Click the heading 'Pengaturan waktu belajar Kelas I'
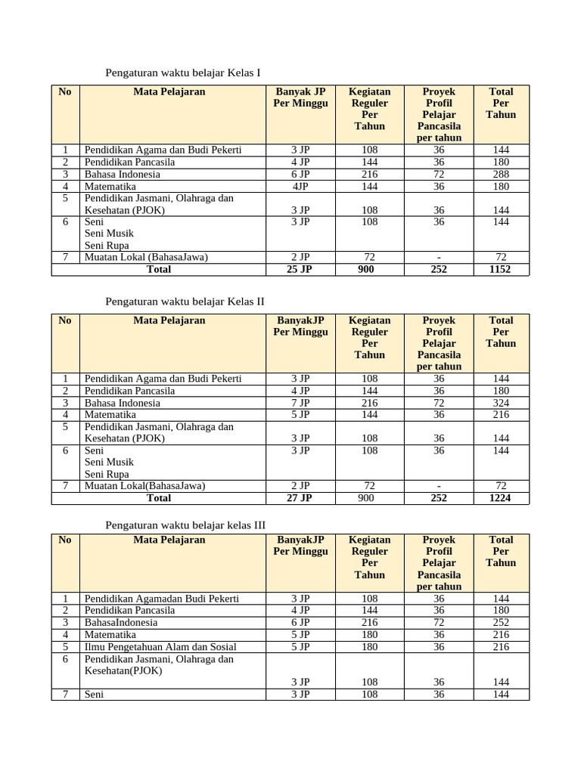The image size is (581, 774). (182, 73)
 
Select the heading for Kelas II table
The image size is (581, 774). (185, 302)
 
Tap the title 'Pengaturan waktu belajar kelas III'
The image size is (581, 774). (185, 525)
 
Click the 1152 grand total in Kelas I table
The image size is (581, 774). (500, 269)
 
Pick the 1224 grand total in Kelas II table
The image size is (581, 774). (500, 498)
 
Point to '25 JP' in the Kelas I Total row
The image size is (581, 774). (300, 269)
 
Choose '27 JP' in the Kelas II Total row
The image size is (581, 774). (300, 498)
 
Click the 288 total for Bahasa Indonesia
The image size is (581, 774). (500, 174)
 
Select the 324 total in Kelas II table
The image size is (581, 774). (500, 403)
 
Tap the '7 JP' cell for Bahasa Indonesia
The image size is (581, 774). (300, 403)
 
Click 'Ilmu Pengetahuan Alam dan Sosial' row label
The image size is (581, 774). (160, 646)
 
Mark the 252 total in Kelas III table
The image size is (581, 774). (500, 622)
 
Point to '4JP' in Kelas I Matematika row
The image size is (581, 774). (300, 186)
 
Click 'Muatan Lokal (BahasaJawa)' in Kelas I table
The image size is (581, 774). (146, 257)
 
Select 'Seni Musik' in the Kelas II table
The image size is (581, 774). (109, 462)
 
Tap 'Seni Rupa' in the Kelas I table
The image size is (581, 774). (107, 245)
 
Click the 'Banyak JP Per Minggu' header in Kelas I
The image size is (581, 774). (300, 98)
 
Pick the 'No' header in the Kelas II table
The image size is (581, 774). (65, 320)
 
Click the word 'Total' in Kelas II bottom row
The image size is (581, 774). (159, 498)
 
